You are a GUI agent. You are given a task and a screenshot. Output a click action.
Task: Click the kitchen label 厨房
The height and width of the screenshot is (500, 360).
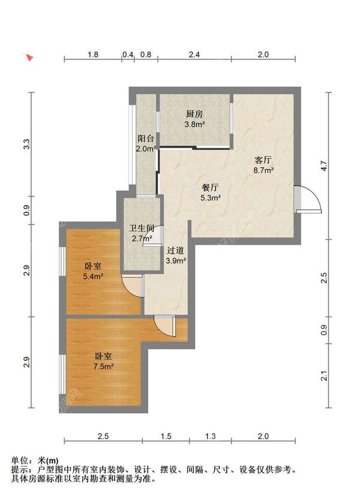(194, 114)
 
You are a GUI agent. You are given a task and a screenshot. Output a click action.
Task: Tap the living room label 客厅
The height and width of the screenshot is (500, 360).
(263, 159)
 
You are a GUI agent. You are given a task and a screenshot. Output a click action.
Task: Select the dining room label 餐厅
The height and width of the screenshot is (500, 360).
(211, 187)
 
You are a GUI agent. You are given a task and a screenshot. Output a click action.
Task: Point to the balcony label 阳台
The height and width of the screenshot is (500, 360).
(146, 138)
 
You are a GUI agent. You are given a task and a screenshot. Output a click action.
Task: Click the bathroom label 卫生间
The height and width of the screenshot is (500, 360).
(142, 228)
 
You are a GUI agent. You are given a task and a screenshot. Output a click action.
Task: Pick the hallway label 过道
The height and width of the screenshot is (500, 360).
(176, 251)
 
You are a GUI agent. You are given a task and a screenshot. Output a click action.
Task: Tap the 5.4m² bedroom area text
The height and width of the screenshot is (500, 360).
(93, 276)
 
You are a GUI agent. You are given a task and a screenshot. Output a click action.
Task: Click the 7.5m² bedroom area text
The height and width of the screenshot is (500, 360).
(103, 366)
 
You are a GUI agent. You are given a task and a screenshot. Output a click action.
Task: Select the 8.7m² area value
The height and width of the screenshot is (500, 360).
(263, 170)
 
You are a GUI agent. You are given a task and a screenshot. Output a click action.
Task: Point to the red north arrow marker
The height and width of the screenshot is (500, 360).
(29, 58)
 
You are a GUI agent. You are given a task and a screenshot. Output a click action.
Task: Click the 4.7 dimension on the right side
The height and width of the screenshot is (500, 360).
(324, 166)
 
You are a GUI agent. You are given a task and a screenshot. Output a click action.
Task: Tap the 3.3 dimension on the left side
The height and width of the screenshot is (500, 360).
(27, 144)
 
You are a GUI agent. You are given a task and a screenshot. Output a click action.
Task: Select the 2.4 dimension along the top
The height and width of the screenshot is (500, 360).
(194, 55)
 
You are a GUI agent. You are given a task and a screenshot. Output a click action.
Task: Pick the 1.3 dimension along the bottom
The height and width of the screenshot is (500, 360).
(211, 436)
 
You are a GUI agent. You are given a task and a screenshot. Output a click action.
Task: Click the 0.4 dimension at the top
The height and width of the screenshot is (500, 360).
(128, 55)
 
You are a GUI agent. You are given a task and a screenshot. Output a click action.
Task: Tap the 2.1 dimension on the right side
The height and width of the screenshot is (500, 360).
(324, 376)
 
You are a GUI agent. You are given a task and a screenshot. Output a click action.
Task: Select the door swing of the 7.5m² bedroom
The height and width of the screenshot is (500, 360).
(165, 326)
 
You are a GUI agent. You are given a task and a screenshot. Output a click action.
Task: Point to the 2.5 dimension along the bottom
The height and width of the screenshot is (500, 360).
(103, 436)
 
